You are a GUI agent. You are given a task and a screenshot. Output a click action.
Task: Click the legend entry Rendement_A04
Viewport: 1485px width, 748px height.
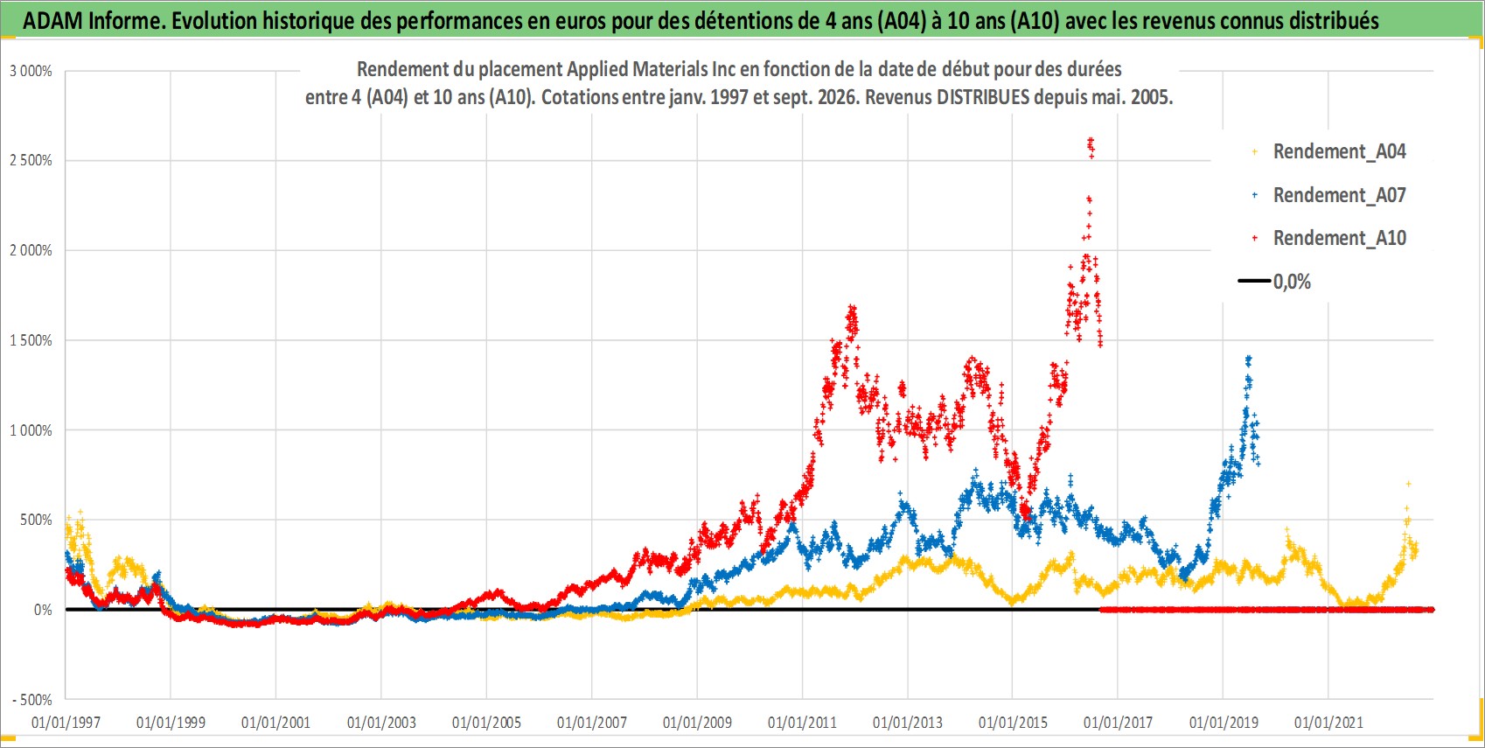tap(1330, 152)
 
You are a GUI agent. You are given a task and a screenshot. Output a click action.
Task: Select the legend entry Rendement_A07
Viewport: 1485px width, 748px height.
tap(1330, 195)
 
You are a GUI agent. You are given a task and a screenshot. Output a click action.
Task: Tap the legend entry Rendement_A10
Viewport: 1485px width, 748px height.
tap(1330, 238)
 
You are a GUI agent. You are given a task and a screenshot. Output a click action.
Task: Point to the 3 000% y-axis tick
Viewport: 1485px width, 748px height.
tap(31, 71)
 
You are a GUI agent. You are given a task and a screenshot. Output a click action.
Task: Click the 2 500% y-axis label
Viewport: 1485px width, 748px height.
tap(31, 160)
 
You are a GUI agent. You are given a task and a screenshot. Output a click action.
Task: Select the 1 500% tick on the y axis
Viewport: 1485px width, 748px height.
tap(31, 340)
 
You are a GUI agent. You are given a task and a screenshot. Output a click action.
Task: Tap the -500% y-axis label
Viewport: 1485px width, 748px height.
tap(31, 700)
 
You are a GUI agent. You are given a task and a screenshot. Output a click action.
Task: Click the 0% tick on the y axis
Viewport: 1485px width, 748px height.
tap(43, 610)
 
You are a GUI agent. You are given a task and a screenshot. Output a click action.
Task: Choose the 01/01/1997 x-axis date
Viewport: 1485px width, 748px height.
tap(66, 722)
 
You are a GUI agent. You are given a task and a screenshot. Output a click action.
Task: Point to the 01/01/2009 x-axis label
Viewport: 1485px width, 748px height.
tap(697, 722)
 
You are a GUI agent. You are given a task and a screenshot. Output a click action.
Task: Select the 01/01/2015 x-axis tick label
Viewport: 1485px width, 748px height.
tap(1013, 722)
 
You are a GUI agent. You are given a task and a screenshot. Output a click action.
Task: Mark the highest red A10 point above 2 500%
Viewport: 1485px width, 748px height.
tap(1091, 140)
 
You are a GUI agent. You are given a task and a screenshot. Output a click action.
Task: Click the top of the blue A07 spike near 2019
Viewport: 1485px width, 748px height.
tap(1248, 359)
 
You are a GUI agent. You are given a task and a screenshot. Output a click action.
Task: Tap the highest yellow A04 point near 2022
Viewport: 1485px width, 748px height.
tap(1408, 484)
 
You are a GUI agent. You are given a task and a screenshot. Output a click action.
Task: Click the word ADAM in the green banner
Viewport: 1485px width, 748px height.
tap(52, 21)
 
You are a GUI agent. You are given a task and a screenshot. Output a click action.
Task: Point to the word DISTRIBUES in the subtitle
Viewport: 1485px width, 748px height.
tap(983, 97)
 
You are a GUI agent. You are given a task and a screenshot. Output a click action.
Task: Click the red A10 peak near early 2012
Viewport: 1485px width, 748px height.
tap(852, 308)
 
